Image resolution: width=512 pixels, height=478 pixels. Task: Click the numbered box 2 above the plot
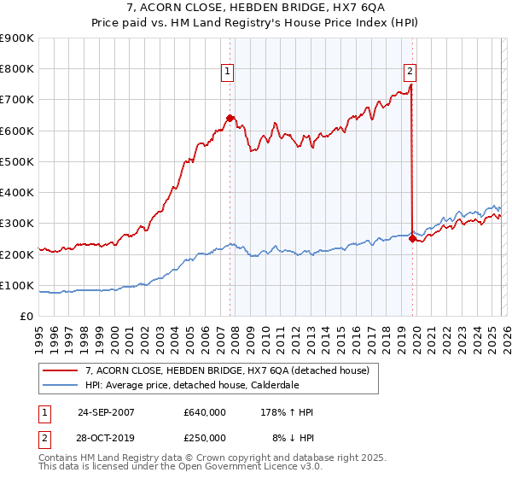click(410, 72)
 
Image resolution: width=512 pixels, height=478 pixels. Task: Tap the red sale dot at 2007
click(230, 119)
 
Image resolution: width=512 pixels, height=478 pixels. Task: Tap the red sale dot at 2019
click(412, 239)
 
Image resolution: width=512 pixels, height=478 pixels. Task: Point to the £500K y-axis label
click(17, 161)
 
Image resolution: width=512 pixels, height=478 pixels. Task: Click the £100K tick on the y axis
click(17, 285)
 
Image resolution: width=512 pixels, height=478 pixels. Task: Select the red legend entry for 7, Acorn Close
click(226, 370)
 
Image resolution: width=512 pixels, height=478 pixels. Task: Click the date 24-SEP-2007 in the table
click(106, 412)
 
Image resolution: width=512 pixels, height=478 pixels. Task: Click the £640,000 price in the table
click(204, 412)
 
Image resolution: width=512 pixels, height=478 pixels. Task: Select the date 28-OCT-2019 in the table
click(106, 437)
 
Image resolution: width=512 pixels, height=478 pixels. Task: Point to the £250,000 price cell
click(204, 437)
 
